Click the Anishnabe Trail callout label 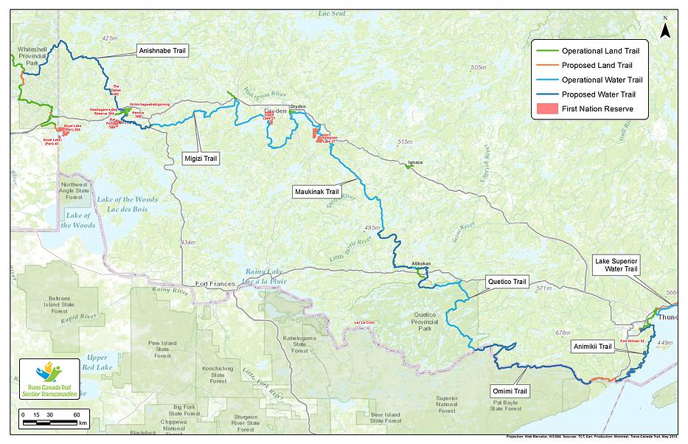161,51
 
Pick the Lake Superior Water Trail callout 616,265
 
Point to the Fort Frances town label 215,284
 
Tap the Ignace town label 415,162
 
